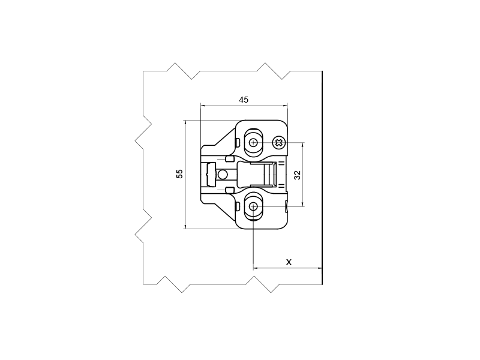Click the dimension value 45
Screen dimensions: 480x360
point(244,100)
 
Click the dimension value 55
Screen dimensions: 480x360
point(179,174)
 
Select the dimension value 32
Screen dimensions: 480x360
point(297,175)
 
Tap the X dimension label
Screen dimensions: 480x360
point(289,262)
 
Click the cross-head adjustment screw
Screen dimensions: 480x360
point(280,142)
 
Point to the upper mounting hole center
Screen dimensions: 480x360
point(253,142)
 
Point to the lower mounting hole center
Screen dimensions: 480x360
point(253,206)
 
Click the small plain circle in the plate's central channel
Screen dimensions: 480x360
point(222,175)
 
